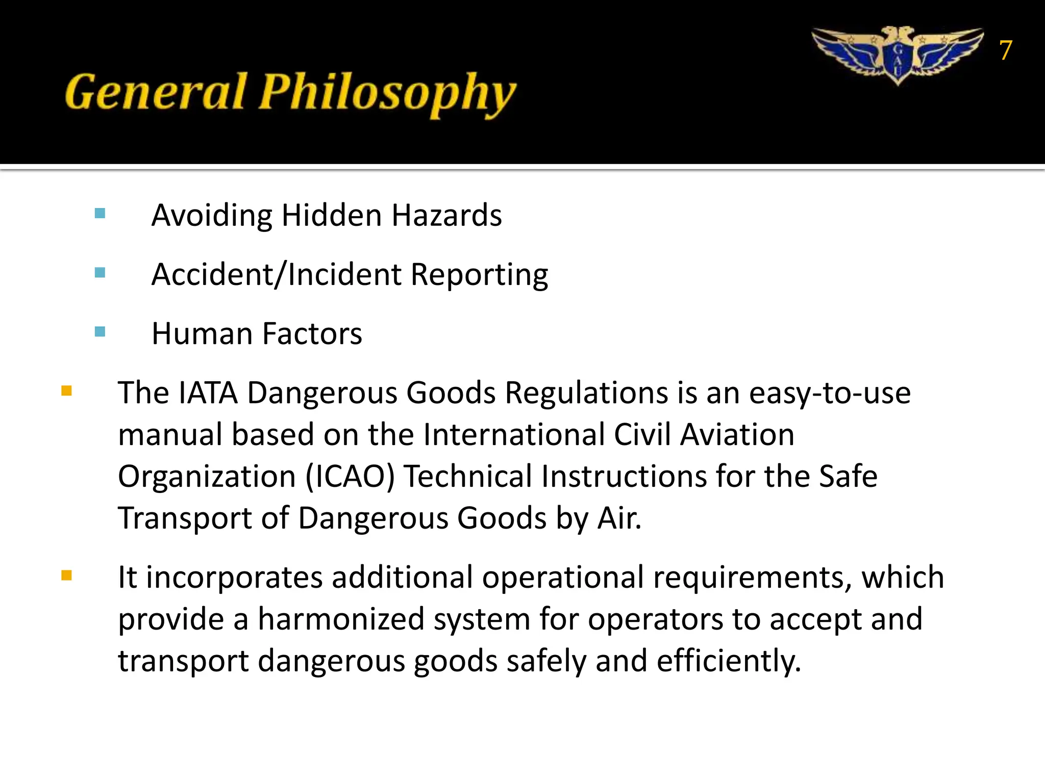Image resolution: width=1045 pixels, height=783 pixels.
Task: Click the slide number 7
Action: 1005,50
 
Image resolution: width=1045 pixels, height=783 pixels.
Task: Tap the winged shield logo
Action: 898,55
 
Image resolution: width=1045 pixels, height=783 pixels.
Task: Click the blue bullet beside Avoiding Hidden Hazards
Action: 100,213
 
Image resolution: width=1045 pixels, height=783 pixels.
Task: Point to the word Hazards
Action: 446,215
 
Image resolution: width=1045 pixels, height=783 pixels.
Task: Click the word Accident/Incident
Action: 277,275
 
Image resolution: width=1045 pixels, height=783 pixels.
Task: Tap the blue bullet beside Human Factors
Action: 100,332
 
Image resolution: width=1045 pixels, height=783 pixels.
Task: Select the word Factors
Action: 312,334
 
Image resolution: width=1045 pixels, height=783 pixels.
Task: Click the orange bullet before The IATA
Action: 66,391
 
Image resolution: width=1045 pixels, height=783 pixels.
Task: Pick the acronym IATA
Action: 208,393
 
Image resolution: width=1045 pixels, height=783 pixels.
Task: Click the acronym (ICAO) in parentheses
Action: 350,477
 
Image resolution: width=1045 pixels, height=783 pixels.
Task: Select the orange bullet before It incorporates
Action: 66,576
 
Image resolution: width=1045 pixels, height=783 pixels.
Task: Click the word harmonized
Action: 341,619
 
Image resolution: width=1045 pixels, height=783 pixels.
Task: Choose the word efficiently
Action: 728,661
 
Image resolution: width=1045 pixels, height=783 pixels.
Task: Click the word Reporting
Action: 479,276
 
